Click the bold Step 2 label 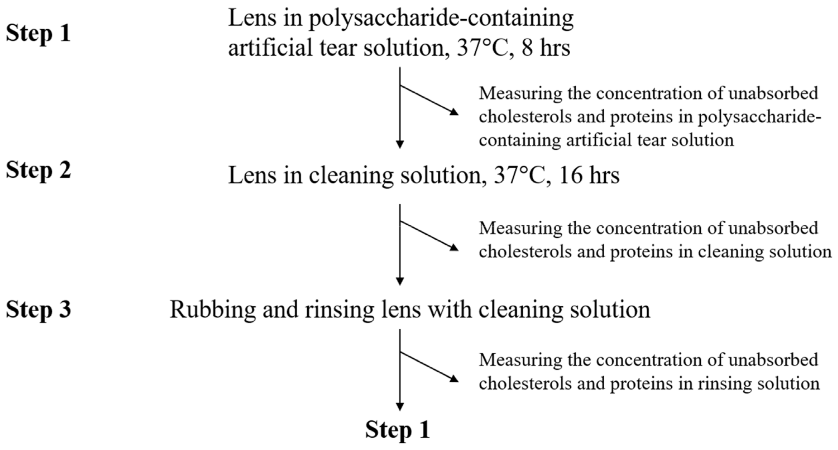(x=39, y=170)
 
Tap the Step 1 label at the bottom (x=398, y=430)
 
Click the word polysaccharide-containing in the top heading (x=441, y=19)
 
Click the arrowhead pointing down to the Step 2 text (x=400, y=144)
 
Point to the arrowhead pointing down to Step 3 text (x=400, y=281)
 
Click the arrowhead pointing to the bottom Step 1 (x=400, y=406)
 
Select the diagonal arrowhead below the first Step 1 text (x=454, y=112)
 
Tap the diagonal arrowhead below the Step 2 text (x=454, y=248)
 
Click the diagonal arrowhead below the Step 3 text (x=454, y=379)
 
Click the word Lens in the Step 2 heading (x=252, y=175)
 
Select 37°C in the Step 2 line (x=519, y=175)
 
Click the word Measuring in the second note (x=520, y=228)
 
